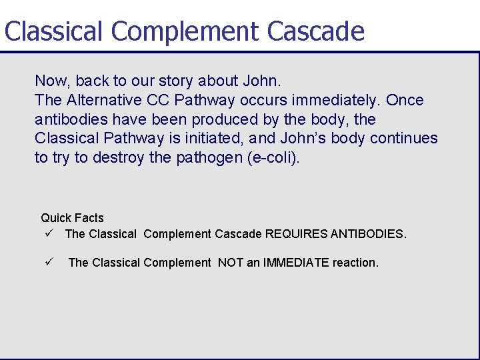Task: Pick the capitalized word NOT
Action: click(x=231, y=263)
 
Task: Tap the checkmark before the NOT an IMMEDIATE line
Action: click(x=49, y=262)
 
